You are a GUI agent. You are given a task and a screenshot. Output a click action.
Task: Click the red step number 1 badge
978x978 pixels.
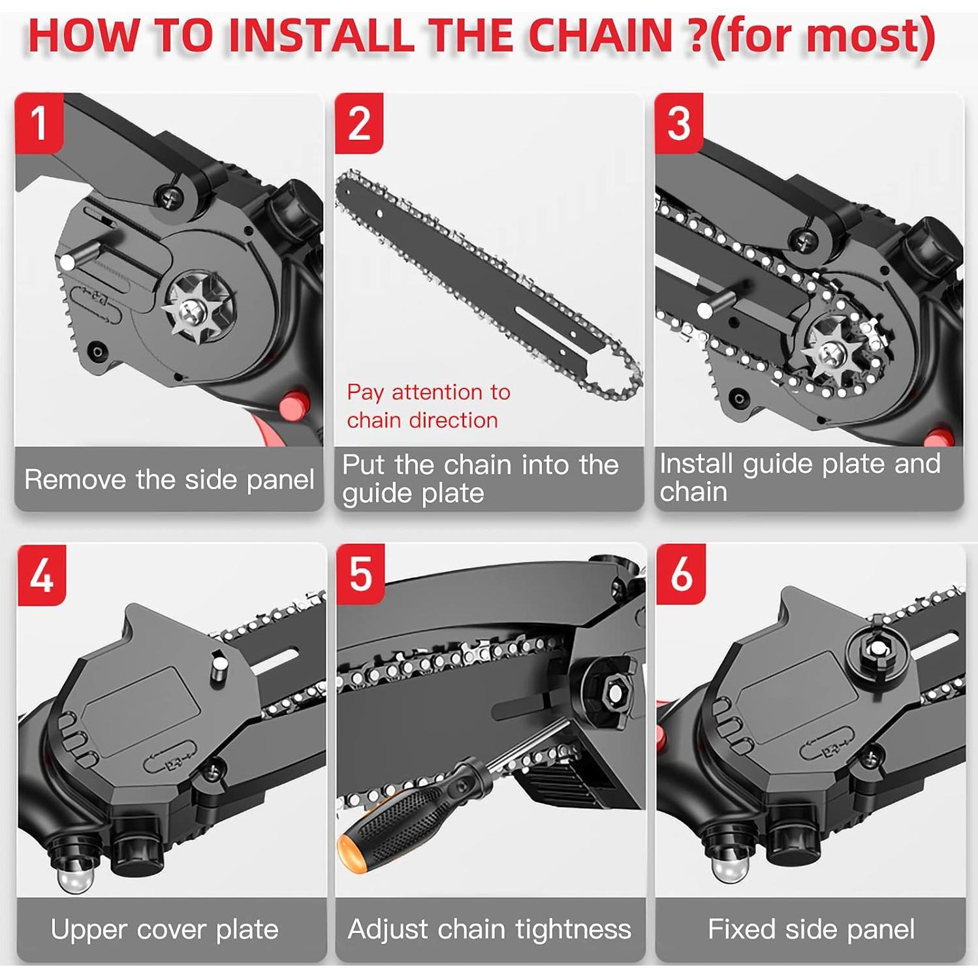pos(39,123)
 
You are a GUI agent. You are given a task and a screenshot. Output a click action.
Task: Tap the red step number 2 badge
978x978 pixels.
pos(358,123)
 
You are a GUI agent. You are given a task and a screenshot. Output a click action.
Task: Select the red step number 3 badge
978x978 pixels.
pos(678,123)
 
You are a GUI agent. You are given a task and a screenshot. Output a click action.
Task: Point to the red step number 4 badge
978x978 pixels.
pos(41,575)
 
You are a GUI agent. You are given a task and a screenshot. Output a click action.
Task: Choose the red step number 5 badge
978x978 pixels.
pos(360,575)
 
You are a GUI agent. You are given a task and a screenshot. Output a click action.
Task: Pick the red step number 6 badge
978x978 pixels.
pos(680,575)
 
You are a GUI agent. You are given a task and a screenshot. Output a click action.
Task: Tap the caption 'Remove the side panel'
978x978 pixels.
pos(169,480)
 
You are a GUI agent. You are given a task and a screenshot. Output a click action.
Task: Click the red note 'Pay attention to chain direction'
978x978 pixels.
pos(428,405)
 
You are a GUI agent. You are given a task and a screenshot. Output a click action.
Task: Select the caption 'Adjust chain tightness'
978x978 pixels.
pos(490,929)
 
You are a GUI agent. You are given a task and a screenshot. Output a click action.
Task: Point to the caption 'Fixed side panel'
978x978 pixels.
pos(811,929)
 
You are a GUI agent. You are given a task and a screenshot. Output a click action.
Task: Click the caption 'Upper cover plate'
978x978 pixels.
pos(165,929)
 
